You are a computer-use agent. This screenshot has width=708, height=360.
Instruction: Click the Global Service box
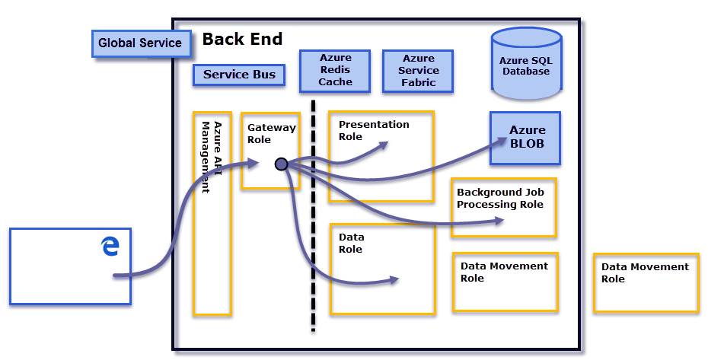[139, 43]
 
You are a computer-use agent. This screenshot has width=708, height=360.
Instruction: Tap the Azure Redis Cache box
[335, 70]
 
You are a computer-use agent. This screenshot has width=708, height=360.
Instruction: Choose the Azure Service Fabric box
[418, 70]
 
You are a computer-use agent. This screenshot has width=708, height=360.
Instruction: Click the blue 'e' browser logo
[110, 246]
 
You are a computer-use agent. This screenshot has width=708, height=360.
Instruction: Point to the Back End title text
[242, 39]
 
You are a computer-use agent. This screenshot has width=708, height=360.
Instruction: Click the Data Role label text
[352, 243]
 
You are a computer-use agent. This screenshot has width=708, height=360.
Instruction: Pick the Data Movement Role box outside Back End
[646, 272]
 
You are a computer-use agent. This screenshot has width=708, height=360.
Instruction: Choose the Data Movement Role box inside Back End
[504, 272]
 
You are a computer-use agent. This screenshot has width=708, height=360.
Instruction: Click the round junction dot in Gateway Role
[281, 164]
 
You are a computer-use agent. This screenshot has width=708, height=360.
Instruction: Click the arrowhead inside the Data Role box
[394, 280]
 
